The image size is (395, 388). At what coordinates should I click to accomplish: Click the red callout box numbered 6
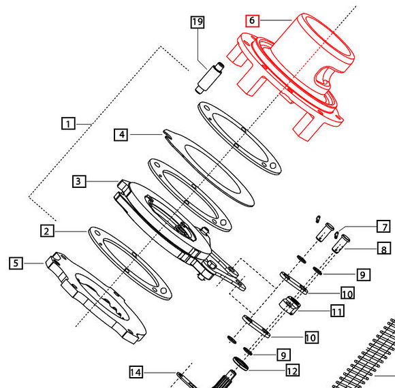[x=252, y=20]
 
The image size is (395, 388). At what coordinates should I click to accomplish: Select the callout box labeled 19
[x=197, y=22]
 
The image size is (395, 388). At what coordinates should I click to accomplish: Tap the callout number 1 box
[x=68, y=123]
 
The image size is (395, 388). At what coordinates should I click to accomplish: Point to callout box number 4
[x=121, y=135]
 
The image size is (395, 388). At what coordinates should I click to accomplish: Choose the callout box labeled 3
[x=79, y=181]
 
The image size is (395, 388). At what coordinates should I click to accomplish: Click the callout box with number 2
[x=47, y=231]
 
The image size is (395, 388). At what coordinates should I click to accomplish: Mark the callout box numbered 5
[x=16, y=263]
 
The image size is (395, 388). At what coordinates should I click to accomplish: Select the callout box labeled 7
[x=383, y=227]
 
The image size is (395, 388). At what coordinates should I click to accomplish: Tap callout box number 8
[x=384, y=248]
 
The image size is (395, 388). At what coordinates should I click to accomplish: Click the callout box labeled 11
[x=337, y=310]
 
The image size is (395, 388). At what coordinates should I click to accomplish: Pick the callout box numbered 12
[x=292, y=370]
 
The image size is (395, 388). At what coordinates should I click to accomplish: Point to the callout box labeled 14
[x=136, y=372]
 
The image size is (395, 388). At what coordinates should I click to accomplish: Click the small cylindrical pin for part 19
[x=210, y=78]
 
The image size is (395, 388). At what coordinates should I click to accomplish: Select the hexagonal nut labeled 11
[x=289, y=306]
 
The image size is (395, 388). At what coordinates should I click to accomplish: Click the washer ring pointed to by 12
[x=240, y=363]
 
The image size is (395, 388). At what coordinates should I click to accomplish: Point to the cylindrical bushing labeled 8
[x=341, y=244]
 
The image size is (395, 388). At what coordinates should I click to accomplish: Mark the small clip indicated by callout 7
[x=336, y=235]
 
